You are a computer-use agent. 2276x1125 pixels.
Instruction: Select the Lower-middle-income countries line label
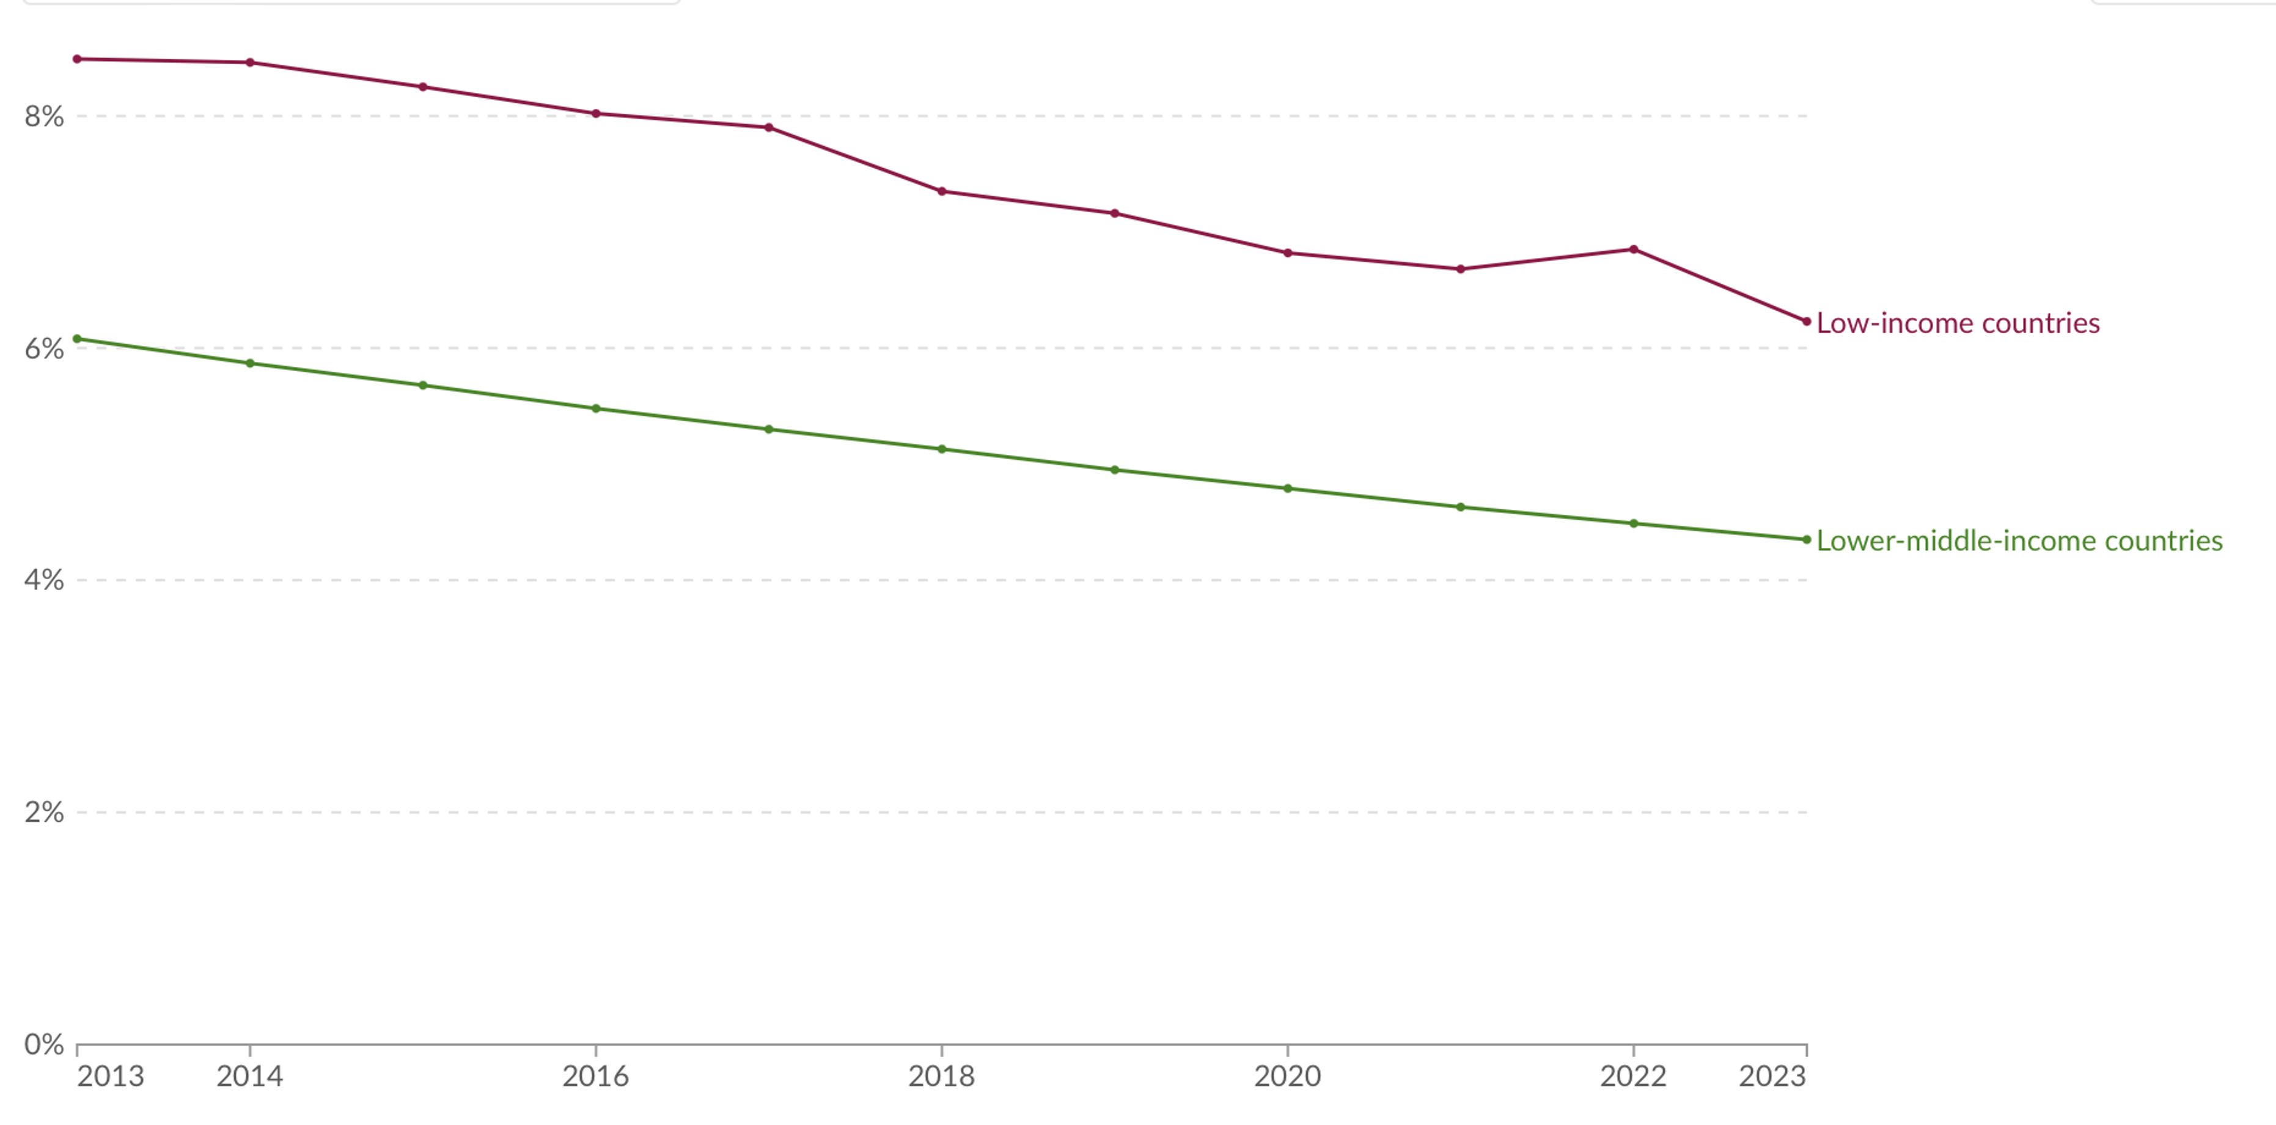2019,541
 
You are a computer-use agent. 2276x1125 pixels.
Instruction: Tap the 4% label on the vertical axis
44,581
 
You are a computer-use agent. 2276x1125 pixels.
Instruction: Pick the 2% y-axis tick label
44,812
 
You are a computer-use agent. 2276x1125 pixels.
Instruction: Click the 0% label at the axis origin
44,1044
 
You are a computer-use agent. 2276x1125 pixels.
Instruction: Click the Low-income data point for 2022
1634,250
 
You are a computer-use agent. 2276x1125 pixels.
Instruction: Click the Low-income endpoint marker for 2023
1806,322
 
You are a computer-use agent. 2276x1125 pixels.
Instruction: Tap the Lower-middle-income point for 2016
595,409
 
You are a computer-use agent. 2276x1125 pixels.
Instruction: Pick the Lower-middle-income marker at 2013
77,339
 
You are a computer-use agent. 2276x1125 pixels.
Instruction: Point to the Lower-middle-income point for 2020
1287,489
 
